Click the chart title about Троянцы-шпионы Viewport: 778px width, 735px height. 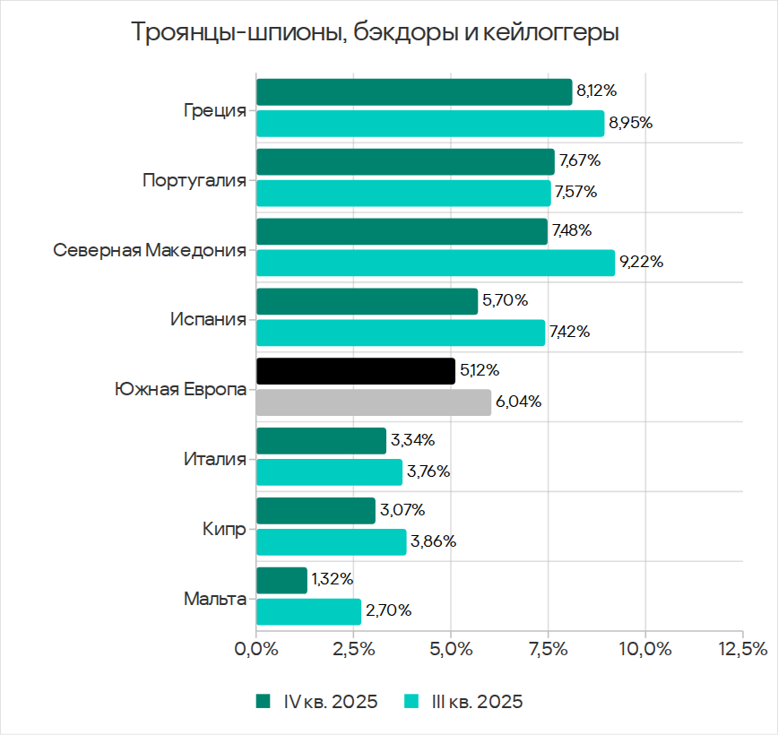tap(376, 33)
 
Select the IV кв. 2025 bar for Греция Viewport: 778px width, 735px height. tap(414, 91)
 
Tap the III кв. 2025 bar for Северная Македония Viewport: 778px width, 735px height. tap(436, 263)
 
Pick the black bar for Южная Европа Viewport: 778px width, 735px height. tap(356, 371)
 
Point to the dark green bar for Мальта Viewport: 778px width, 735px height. tap(281, 581)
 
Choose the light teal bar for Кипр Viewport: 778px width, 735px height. tap(331, 541)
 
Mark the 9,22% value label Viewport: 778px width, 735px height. tap(642, 263)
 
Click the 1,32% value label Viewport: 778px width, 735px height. tap(333, 580)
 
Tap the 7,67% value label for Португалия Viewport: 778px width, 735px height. tap(580, 161)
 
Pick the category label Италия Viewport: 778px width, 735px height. tap(214, 460)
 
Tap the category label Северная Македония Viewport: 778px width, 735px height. tap(150, 250)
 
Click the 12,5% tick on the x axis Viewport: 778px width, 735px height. tap(742, 648)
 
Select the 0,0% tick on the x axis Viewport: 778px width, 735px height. tap(256, 648)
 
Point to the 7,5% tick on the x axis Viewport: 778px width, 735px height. tap(548, 648)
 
